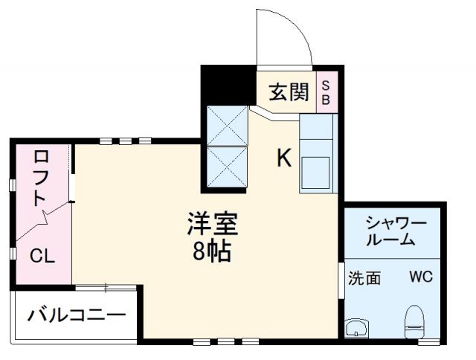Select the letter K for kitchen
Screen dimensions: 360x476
point(284,158)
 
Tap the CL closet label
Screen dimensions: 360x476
point(42,257)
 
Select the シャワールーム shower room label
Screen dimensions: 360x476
point(394,231)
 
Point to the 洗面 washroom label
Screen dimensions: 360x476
point(365,278)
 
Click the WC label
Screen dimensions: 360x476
point(420,277)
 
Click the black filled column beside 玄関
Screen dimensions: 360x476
point(228,85)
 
